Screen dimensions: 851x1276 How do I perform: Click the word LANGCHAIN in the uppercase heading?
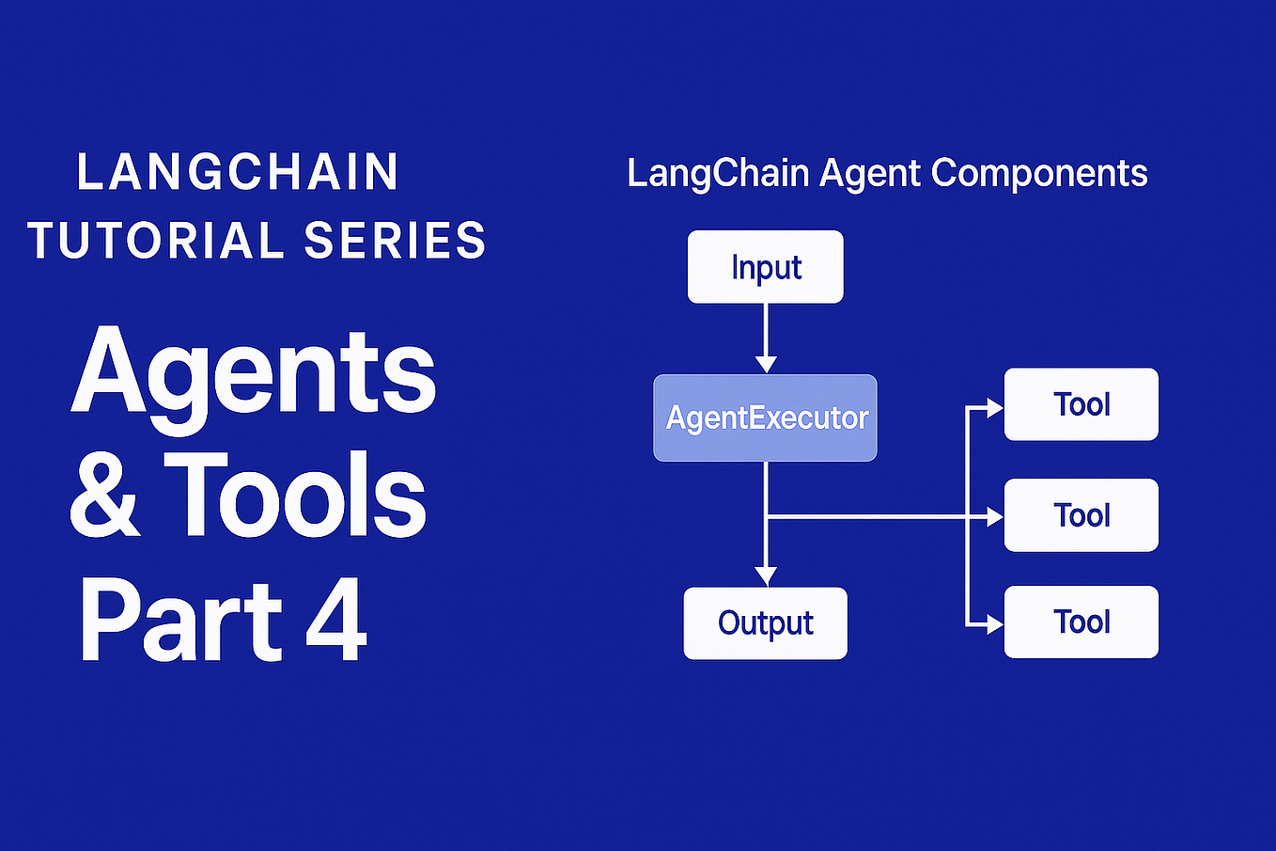(x=238, y=172)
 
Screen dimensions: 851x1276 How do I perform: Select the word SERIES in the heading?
(x=395, y=241)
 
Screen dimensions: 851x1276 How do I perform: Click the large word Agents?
(x=254, y=374)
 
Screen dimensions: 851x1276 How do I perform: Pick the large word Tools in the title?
(x=296, y=496)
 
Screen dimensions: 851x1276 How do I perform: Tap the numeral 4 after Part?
(x=335, y=621)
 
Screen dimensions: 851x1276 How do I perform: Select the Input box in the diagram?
(x=765, y=267)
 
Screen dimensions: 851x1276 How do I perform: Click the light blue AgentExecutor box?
(x=765, y=418)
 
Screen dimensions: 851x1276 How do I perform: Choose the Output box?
(x=765, y=622)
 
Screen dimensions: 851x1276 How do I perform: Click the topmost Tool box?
(x=1081, y=404)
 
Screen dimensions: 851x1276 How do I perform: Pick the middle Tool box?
(x=1081, y=515)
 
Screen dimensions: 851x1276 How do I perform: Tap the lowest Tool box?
(x=1081, y=622)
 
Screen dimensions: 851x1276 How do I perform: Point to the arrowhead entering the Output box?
(x=766, y=576)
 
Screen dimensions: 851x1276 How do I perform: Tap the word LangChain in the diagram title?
(x=718, y=174)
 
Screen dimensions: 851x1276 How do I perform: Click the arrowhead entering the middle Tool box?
(x=994, y=516)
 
